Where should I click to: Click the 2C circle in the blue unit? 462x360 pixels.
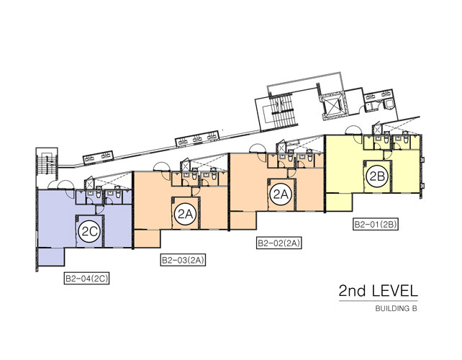pos(90,231)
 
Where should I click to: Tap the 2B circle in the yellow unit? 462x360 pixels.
pos(377,176)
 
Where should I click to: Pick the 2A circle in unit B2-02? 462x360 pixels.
pos(281,194)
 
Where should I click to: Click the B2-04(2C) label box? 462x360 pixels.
pos(86,279)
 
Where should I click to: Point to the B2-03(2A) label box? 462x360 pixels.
pos(183,261)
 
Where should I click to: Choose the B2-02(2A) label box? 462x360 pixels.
pos(279,243)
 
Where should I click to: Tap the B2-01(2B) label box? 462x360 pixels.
pos(376,225)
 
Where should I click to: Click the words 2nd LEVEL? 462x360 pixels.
pos(379,291)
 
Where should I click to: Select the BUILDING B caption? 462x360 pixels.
pos(397,309)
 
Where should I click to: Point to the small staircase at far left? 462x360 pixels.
pos(47,164)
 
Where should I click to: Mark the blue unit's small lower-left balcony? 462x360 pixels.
pos(51,257)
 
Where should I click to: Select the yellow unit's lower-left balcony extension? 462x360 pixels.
pos(339,202)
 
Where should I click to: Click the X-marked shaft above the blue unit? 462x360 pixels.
pos(89,184)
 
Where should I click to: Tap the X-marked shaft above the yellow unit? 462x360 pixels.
pos(376,130)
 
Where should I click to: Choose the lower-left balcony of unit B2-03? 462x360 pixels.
pos(148,238)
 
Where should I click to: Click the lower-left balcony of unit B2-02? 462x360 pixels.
pos(243,220)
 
